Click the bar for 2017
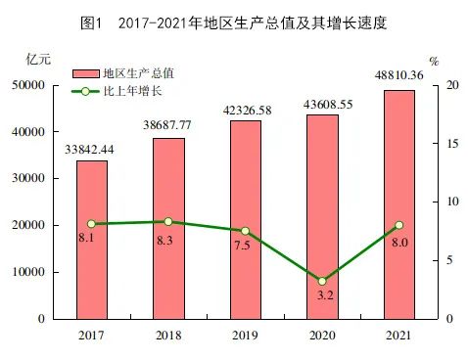pos(92,240)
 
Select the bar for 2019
pos(245,219)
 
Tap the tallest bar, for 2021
pos(398,204)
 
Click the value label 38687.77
pos(168,126)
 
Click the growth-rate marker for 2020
pos(322,281)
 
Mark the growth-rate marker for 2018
pos(168,222)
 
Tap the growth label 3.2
pos(322,297)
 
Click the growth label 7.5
pos(245,247)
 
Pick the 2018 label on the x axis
pos(168,336)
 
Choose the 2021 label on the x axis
pos(398,336)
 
